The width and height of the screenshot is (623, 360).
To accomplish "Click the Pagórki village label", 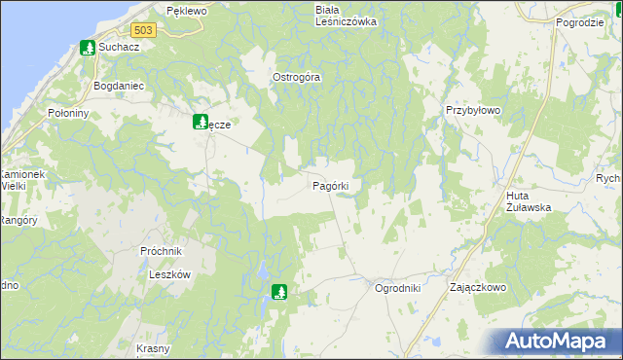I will pos(338,185).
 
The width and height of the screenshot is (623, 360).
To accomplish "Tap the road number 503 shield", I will pos(143,30).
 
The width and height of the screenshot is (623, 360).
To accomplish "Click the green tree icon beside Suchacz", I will pos(88,47).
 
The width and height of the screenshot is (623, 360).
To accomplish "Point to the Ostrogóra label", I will pos(296,77).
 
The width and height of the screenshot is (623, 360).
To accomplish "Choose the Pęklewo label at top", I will pos(187,10).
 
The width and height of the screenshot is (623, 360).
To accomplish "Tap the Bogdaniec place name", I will pos(118,86).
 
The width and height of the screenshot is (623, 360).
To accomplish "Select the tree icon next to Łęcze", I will pos(200,122).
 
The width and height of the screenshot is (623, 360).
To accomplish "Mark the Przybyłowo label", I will pos(472,111).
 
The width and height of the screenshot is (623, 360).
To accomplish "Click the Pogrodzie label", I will pos(580,21).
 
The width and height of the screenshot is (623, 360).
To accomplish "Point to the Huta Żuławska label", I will pos(529,201).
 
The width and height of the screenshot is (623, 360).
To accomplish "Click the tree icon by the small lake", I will pos(280,290).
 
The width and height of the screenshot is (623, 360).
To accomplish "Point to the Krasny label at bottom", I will pos(153,348).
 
